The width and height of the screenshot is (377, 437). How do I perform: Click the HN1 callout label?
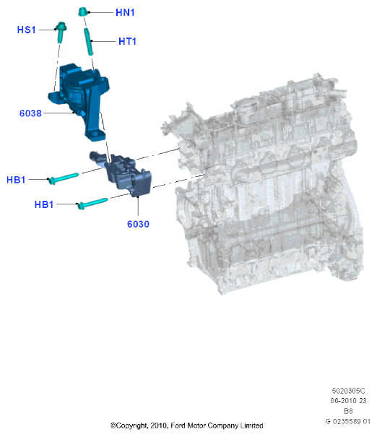click(x=125, y=12)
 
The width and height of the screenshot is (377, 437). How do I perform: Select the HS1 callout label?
click(x=27, y=30)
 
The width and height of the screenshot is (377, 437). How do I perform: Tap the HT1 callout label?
click(x=127, y=41)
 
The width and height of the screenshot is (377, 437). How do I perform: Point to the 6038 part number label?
click(x=30, y=113)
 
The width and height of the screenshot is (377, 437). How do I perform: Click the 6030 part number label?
click(x=138, y=224)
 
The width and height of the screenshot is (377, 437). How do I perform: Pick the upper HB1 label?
click(x=16, y=180)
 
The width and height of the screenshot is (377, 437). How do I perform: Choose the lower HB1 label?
click(x=44, y=204)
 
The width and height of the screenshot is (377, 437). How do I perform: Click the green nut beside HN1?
click(x=83, y=12)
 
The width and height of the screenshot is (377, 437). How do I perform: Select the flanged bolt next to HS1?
click(x=61, y=32)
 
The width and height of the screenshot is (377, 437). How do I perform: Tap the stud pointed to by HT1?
click(x=88, y=42)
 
